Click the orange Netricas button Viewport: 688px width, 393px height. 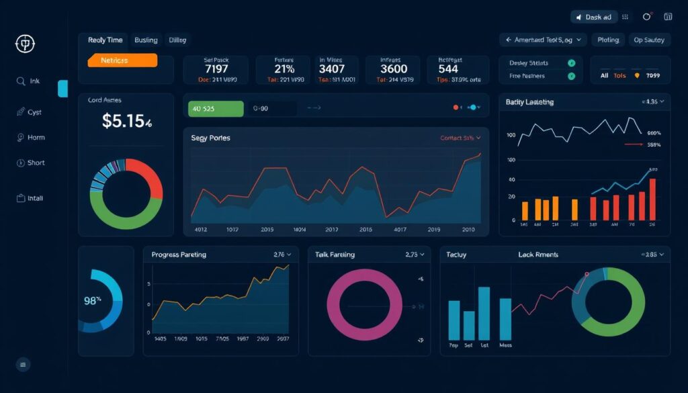pyautogui.click(x=122, y=60)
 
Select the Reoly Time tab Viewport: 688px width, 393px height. pyautogui.click(x=105, y=40)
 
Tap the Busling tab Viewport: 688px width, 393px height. pyautogui.click(x=146, y=40)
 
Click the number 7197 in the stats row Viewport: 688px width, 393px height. pyautogui.click(x=216, y=69)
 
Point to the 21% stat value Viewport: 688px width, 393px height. pyautogui.click(x=284, y=69)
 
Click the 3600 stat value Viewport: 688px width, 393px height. pyautogui.click(x=394, y=69)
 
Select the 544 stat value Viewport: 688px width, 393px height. pyautogui.click(x=448, y=69)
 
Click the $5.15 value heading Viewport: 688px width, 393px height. pyautogui.click(x=126, y=121)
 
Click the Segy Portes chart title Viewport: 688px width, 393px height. pyautogui.click(x=210, y=138)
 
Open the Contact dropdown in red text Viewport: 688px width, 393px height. pyautogui.click(x=460, y=138)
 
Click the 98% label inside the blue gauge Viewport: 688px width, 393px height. pyautogui.click(x=93, y=301)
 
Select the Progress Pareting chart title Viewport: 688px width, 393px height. pyautogui.click(x=179, y=255)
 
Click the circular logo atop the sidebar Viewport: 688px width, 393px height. pyautogui.click(x=25, y=45)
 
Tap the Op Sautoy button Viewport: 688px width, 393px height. pyautogui.click(x=648, y=40)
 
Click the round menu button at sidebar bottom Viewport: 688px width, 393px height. pyautogui.click(x=24, y=365)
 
